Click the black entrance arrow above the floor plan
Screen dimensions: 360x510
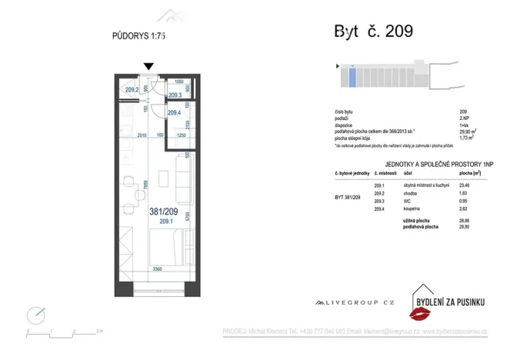point(148,67)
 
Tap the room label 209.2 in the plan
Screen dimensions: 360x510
point(132,90)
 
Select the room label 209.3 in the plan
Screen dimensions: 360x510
point(174,95)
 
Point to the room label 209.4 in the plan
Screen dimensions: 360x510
point(174,113)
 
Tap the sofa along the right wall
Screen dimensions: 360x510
point(182,176)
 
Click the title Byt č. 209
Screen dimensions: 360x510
point(373,32)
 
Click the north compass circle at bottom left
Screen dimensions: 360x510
point(35,315)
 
